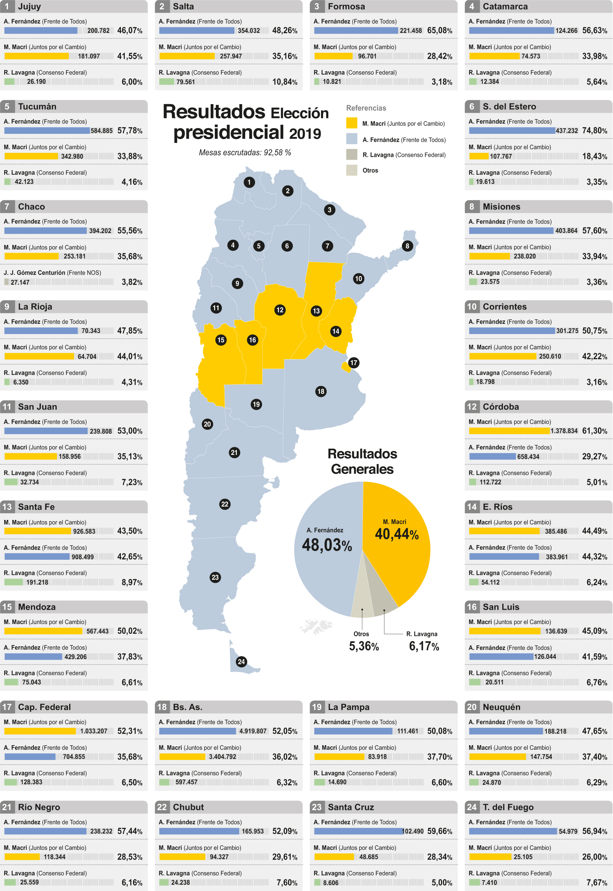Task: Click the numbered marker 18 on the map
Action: point(321,392)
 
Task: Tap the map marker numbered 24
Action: point(241,662)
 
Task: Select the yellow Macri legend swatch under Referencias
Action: point(351,123)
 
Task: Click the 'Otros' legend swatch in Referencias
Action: point(351,170)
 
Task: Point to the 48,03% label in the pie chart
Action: point(327,545)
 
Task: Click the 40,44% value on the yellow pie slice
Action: point(396,534)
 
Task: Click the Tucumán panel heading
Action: point(37,107)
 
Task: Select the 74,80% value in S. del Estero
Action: point(594,131)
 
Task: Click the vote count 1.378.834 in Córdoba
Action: point(564,431)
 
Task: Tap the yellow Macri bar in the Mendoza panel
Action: point(43,631)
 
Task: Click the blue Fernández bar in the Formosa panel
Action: point(356,30)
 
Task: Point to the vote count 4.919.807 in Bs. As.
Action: point(253,731)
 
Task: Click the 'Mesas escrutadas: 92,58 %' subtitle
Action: point(245,153)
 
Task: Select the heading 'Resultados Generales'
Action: point(362,461)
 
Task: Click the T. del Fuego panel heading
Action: point(508,807)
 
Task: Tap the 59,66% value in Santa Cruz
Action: point(439,831)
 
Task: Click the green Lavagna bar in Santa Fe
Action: point(13,582)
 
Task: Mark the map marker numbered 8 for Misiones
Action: point(407,246)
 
